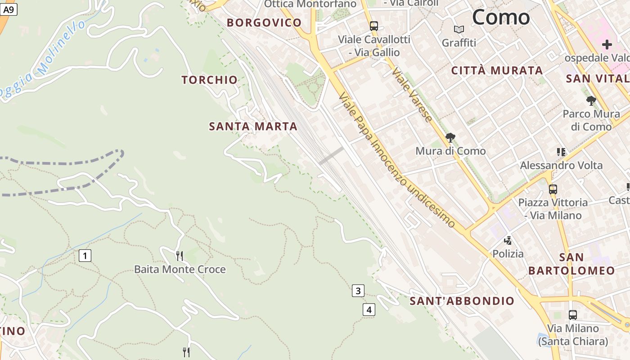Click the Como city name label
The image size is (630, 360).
pos(501,18)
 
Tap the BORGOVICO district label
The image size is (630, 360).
pos(264,22)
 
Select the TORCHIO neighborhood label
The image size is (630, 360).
pos(209,80)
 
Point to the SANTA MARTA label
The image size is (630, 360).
pos(253,126)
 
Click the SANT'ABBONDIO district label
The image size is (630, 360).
pos(462,301)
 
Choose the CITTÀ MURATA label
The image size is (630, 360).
pos(497,70)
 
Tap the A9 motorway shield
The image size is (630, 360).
pos(9,9)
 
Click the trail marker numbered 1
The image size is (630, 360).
pos(85,256)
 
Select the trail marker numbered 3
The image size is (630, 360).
pos(358,291)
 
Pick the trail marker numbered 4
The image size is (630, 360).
pos(369,310)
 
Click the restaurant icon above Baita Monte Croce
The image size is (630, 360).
pos(180,256)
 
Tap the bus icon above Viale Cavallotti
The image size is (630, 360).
pos(374,26)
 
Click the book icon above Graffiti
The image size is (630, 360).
pos(459,30)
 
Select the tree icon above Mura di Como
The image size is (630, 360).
pos(450,138)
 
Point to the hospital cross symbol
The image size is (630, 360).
pos(607,45)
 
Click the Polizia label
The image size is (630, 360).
pos(508,254)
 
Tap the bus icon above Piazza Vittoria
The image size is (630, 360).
pos(553,189)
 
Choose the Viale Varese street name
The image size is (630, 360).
pos(412,94)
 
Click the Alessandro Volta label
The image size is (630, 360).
pos(561,165)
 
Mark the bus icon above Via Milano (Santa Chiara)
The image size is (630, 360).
pos(573,315)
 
